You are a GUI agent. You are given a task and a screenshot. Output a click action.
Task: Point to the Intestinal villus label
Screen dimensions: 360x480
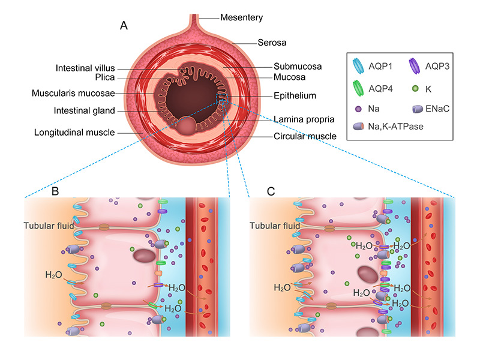[x=85, y=68]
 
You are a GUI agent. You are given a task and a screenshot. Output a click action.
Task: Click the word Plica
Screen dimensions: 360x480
[x=103, y=78]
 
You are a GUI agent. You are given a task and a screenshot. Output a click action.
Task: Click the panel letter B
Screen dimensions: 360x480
[x=55, y=191]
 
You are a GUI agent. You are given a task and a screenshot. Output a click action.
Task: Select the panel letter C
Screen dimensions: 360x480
[x=272, y=191]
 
